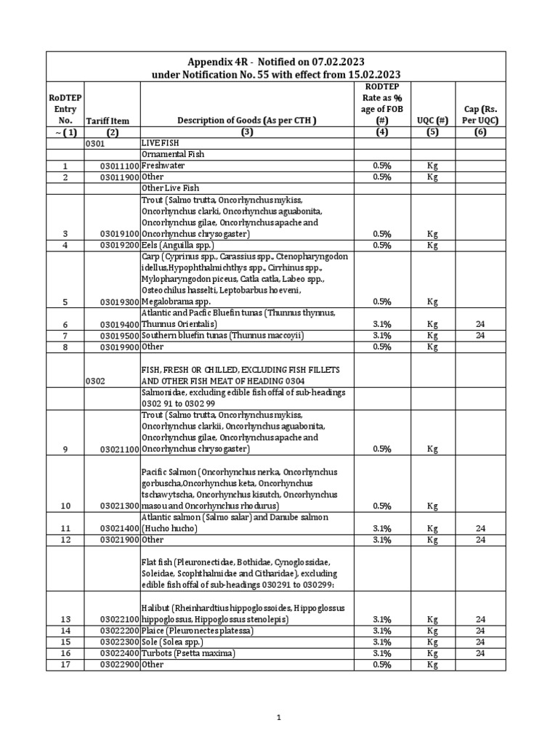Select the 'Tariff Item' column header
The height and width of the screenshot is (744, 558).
tap(107, 121)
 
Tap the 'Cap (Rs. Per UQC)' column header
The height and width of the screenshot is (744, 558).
tap(480, 114)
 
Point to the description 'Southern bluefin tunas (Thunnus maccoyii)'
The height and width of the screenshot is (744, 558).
tap(222, 336)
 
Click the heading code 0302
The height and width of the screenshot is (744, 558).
tap(96, 381)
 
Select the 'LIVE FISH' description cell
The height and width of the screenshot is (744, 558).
tap(159, 144)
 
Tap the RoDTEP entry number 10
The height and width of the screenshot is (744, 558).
tap(65, 506)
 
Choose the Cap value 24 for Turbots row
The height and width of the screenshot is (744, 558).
tap(480, 653)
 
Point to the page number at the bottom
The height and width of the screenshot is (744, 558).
tap(278, 718)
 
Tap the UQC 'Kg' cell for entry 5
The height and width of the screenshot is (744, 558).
tap(432, 302)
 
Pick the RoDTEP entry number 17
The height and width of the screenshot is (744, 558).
tap(65, 665)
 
